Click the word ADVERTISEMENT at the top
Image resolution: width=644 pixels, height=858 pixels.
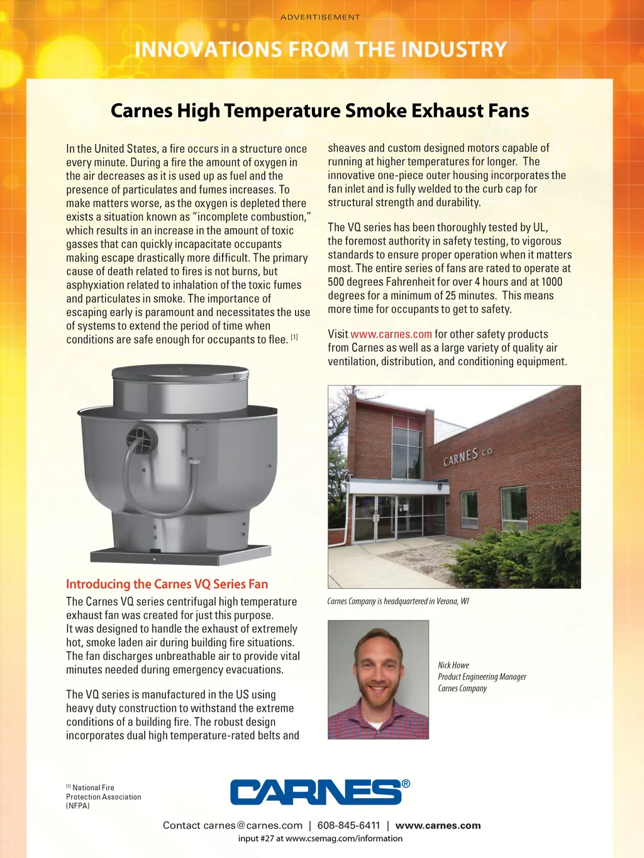320,17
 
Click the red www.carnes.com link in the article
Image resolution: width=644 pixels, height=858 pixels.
391,334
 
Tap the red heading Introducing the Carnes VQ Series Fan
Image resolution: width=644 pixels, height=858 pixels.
167,584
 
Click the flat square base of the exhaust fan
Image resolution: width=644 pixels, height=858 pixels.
180,555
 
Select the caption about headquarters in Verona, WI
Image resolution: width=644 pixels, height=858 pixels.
398,602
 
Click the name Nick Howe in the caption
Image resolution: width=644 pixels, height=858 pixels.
453,665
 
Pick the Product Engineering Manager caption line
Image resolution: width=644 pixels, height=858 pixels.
482,677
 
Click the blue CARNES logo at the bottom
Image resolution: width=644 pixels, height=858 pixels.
316,792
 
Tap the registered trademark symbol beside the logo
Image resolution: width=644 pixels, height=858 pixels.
406,783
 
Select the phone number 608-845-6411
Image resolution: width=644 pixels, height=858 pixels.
348,825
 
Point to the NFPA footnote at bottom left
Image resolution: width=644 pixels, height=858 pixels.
103,796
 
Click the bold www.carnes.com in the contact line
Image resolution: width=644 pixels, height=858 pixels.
438,825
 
